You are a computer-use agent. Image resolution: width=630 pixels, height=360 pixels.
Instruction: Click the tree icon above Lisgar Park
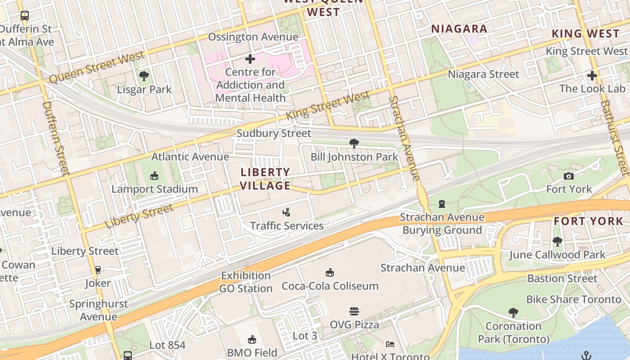pos(144,76)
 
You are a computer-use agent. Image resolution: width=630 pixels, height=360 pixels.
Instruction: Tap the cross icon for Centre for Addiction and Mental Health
pos(250,59)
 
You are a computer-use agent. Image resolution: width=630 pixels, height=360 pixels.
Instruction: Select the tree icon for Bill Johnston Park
pos(354,144)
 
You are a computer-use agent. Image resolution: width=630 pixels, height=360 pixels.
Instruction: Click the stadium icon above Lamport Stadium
pos(154,175)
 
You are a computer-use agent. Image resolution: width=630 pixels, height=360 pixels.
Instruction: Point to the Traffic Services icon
pos(287,212)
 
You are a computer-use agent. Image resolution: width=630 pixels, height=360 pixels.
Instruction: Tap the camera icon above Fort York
pos(569,176)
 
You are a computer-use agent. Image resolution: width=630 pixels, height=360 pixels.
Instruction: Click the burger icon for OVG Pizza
pos(354,311)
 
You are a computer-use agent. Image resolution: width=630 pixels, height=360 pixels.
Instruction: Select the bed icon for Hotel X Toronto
pos(390,345)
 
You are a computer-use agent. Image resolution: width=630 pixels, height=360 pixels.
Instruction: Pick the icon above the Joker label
pos(98,270)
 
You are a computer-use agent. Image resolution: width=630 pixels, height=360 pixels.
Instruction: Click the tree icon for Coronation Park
pos(513,313)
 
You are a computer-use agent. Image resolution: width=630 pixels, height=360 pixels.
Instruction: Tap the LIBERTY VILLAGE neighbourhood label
pos(265,179)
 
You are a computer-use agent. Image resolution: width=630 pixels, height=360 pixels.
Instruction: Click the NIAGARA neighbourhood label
pos(459,29)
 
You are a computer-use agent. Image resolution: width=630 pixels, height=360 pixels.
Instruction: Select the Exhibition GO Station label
pos(246,282)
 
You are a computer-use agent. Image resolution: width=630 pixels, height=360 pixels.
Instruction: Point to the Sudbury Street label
pos(274,134)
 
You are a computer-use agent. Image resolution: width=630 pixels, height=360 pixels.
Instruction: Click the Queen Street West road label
pos(97,67)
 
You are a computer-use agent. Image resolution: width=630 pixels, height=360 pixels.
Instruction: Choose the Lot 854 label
pos(167,346)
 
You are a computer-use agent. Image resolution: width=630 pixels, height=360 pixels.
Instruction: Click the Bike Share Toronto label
pos(573,300)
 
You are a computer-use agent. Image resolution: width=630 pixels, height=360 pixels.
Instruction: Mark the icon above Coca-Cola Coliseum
pos(330,273)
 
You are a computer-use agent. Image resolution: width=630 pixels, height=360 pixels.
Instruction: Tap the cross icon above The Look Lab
pos(592,76)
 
